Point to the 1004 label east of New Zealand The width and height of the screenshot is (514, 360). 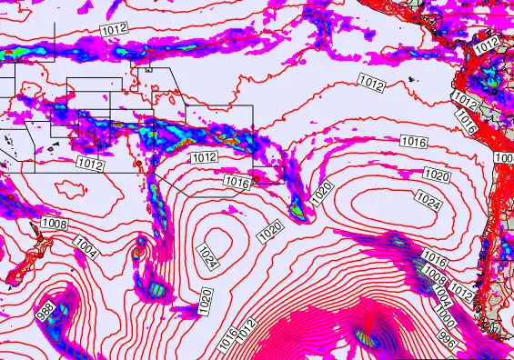pyautogui.click(x=86, y=245)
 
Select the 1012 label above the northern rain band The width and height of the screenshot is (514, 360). pyautogui.click(x=114, y=30)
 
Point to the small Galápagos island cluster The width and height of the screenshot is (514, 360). pyautogui.click(x=414, y=82)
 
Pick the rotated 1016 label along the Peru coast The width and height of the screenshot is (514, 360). pyautogui.click(x=468, y=117)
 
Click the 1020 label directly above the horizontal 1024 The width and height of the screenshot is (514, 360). pyautogui.click(x=437, y=175)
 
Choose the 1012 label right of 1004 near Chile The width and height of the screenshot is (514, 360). pyautogui.click(x=461, y=292)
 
